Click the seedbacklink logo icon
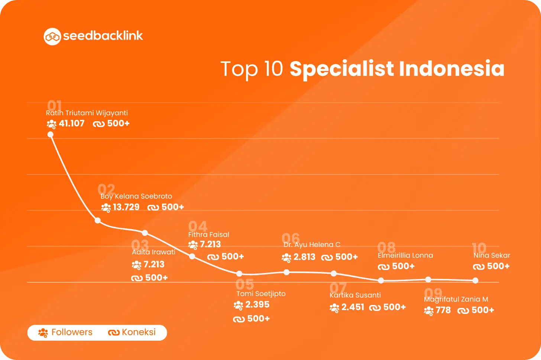coord(52,36)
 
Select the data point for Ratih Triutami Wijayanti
coord(51,135)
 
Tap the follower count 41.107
coord(71,123)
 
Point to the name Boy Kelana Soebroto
coord(136,196)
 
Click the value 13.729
coord(126,207)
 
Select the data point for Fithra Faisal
coord(192,256)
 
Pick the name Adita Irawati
coord(153,252)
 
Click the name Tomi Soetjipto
coord(261,294)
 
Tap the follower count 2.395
coord(257,305)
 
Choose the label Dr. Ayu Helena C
coord(312,245)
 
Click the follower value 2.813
coord(304,257)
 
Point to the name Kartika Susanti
coord(355,295)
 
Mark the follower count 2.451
coord(353,307)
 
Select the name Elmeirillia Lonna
coord(405,255)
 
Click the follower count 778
coord(443,310)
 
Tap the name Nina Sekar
coord(492,255)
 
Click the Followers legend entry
coord(65,332)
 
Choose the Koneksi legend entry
coord(132,332)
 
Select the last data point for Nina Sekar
coord(475,281)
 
